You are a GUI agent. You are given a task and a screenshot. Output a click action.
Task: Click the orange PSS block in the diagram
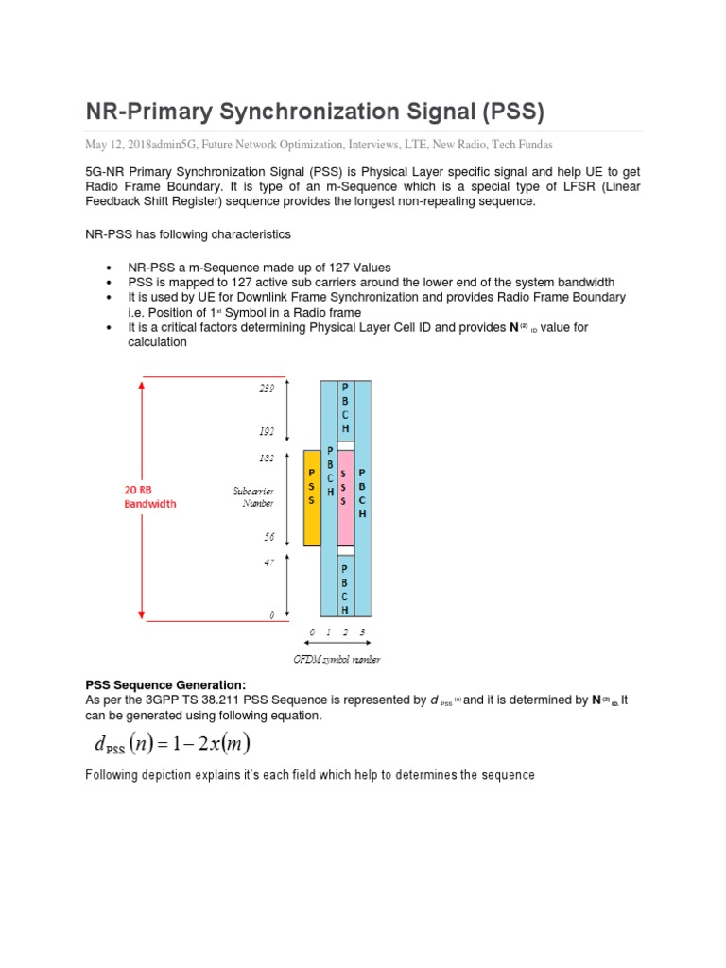(311, 498)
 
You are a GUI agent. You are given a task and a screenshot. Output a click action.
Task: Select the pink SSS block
(346, 498)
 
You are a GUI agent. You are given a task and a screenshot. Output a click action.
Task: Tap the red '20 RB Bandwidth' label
(150, 497)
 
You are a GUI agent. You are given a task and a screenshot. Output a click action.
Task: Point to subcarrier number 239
(267, 389)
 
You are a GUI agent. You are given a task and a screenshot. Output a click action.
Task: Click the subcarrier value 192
(267, 431)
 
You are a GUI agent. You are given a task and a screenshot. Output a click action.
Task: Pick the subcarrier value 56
(268, 536)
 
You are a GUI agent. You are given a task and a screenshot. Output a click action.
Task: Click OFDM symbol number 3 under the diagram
(362, 631)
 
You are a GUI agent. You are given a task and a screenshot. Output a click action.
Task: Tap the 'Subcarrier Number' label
(253, 497)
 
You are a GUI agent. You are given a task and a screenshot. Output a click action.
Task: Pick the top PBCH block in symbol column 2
(346, 409)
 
